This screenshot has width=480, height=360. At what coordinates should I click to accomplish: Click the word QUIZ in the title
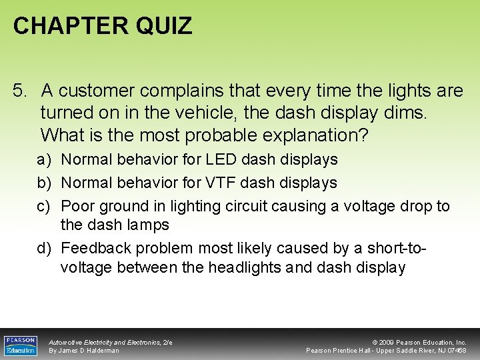pyautogui.click(x=164, y=26)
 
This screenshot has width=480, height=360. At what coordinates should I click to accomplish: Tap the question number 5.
pyautogui.click(x=20, y=91)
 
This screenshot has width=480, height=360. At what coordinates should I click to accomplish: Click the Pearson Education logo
pyautogui.click(x=21, y=345)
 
